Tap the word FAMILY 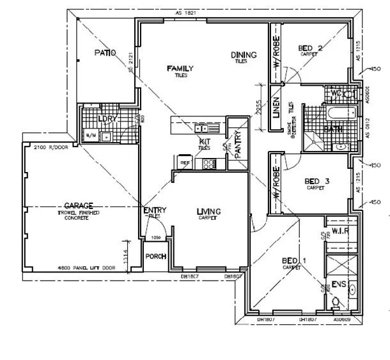pyautogui.click(x=180, y=68)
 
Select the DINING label pyautogui.click(x=244, y=55)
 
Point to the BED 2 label pyautogui.click(x=310, y=49)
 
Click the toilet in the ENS pyautogui.click(x=337, y=301)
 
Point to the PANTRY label pyautogui.click(x=237, y=143)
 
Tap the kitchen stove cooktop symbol pyautogui.click(x=209, y=164)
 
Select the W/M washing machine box pyautogui.click(x=90, y=136)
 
